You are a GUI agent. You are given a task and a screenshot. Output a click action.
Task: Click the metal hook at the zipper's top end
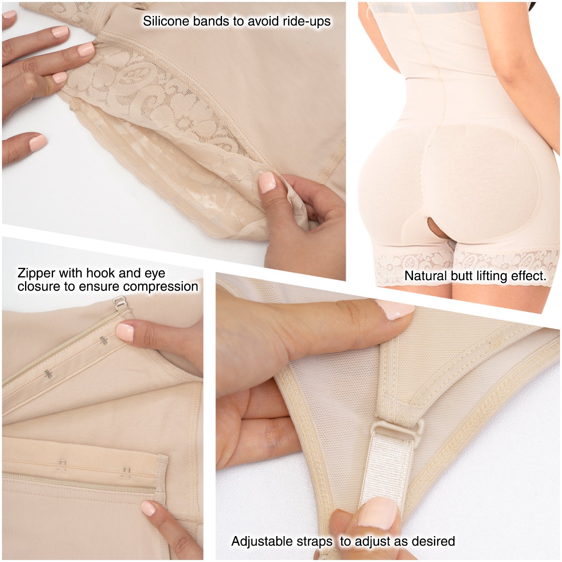tap(117, 305)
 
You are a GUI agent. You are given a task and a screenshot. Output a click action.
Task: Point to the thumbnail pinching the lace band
tap(267, 182)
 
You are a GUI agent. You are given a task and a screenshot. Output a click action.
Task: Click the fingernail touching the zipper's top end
tap(125, 332)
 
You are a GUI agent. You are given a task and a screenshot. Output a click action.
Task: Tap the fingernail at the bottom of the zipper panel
tap(148, 508)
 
